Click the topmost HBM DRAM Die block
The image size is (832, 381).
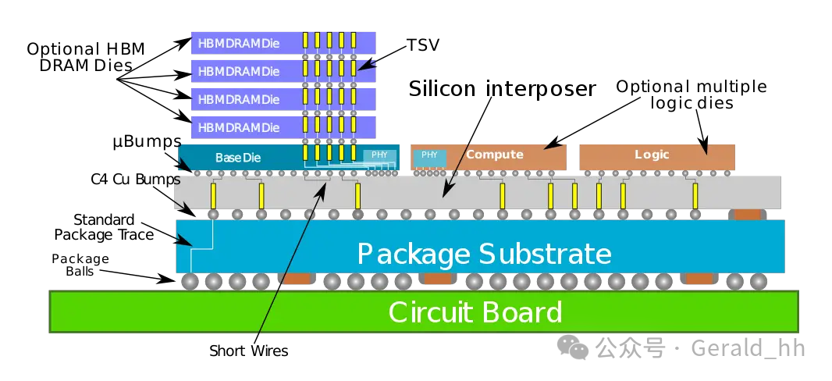(239, 43)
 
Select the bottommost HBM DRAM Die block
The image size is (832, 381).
(239, 127)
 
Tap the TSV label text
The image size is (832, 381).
(423, 45)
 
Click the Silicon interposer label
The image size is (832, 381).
(502, 88)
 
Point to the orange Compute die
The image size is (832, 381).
(494, 155)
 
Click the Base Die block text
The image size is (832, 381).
(238, 158)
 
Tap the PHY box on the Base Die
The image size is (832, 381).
(379, 155)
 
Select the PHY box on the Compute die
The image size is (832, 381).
(429, 155)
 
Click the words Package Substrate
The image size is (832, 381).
(484, 254)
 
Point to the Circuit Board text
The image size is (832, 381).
(475, 312)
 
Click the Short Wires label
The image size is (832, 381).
(248, 351)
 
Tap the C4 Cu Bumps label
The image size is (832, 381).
(135, 180)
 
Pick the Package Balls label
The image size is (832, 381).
(80, 265)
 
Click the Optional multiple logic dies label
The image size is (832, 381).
(692, 94)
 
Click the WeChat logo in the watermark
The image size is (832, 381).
(578, 347)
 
